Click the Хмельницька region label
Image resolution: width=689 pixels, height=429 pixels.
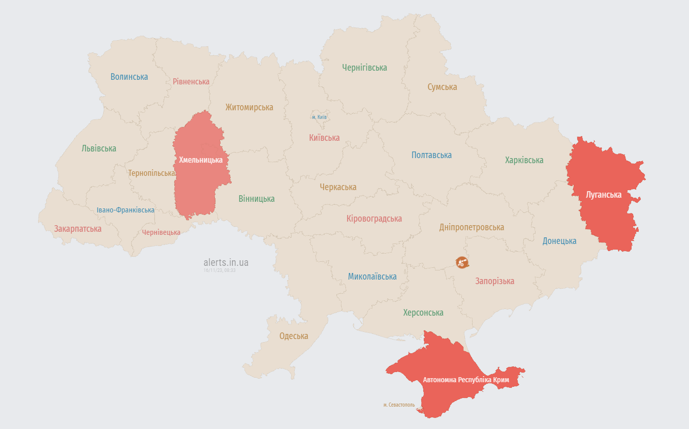(201, 160)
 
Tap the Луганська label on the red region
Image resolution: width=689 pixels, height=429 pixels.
(604, 195)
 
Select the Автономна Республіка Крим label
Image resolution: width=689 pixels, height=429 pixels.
(466, 380)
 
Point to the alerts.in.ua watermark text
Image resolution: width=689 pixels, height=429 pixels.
(226, 262)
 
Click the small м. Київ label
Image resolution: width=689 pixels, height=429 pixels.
(319, 117)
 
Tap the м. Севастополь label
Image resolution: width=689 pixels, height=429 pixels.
(399, 405)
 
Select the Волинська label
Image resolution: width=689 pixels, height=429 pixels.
(129, 77)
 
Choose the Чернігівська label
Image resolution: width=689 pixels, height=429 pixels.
(364, 68)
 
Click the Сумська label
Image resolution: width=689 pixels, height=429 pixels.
(442, 87)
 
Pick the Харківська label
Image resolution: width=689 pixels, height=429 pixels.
(524, 160)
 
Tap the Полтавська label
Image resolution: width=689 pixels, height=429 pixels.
(431, 155)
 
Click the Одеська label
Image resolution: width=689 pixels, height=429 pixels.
(294, 336)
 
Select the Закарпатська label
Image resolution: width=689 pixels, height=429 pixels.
(78, 229)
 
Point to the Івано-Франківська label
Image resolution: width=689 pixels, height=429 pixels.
(126, 210)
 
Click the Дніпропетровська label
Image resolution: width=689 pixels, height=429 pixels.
(472, 227)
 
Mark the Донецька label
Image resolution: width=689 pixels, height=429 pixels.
(559, 241)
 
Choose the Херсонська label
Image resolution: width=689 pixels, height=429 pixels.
(423, 313)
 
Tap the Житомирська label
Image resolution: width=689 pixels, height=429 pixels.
(249, 107)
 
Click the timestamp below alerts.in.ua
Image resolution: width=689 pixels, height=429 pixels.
(220, 270)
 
